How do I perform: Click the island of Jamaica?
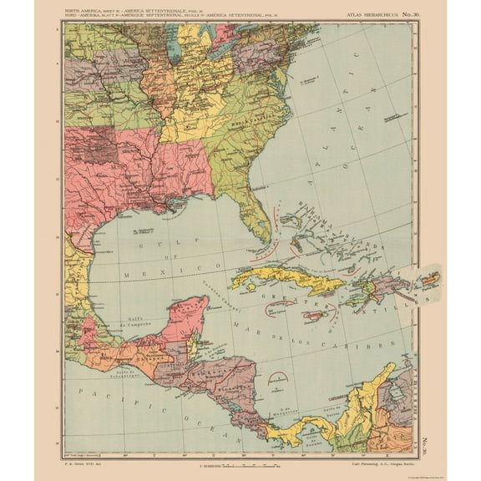(x=313, y=316)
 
